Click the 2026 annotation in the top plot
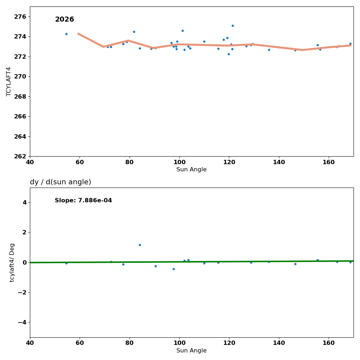[x=64, y=19]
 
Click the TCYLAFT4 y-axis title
[x=9, y=81]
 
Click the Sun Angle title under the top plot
[x=192, y=170]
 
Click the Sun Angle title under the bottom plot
[x=192, y=351]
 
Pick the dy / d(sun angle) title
[x=60, y=182]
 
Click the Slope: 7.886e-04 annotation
[x=83, y=201]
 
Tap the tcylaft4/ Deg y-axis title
[x=12, y=262]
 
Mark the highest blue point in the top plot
[x=233, y=26]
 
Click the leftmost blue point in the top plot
[x=66, y=34]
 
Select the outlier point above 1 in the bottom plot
[x=140, y=245]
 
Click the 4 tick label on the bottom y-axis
[x=24, y=202]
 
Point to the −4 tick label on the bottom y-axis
[x=22, y=322]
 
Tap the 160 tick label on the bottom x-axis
[x=329, y=343]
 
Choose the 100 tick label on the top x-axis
[x=179, y=162]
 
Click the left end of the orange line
[x=78, y=33]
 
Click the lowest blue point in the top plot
[x=229, y=54]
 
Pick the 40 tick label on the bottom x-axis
[x=30, y=343]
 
